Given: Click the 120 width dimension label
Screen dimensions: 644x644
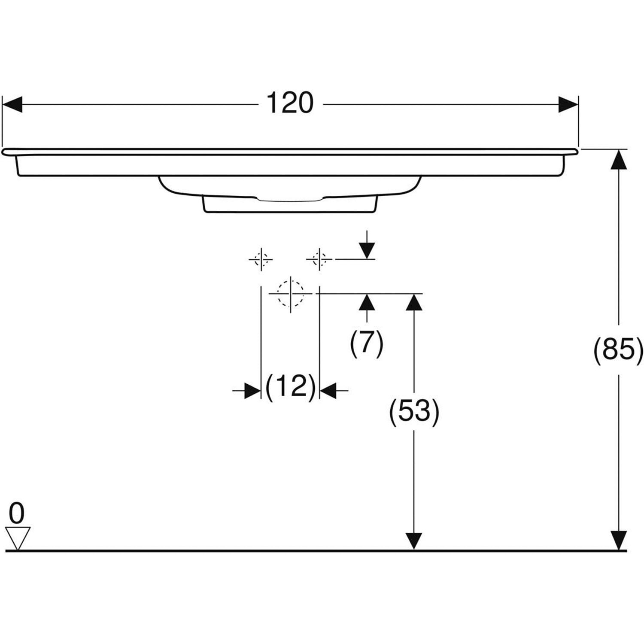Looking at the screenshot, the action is pos(290,103).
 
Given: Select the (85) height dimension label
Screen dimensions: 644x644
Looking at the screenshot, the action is pos(618,349).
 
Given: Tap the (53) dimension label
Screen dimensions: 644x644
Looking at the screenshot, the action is pos(414,411).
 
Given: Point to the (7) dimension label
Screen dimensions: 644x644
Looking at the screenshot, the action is pos(366,343).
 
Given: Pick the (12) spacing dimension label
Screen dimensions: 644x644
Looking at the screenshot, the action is pos(290,386).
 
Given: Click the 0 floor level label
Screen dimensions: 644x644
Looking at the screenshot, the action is pos(17,513).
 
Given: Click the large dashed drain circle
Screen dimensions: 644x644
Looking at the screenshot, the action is pos(291,294).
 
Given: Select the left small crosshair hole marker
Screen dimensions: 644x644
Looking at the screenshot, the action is pos(261,259).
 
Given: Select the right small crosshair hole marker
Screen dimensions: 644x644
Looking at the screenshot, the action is pos(319,259).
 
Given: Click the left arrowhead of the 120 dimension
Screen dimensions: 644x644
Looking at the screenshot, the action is pos(12,104).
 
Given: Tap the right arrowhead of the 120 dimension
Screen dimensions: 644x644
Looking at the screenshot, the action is pos(568,104).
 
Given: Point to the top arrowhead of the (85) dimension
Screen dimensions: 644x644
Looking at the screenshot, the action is pos(619,159).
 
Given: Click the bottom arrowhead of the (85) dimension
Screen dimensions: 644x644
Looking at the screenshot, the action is pos(619,541).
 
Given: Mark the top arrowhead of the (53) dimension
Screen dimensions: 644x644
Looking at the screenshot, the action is pos(414,303).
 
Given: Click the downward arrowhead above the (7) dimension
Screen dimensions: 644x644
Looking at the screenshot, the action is pos(367,251).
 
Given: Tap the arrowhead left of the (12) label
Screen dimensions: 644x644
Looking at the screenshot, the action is pos(252,391).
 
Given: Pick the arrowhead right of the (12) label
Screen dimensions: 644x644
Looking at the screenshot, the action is pos(328,391).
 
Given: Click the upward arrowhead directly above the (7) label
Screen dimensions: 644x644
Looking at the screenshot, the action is pos(366,302).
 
